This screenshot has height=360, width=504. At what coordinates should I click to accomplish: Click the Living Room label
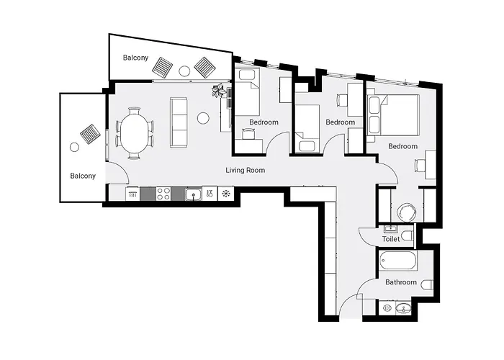pyautogui.click(x=246, y=171)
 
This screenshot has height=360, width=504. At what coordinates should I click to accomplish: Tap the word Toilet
pyautogui.click(x=391, y=239)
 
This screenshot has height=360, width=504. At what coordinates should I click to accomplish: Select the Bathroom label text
pyautogui.click(x=400, y=282)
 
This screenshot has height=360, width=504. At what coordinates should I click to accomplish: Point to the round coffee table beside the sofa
pyautogui.click(x=203, y=117)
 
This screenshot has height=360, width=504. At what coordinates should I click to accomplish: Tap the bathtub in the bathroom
pyautogui.click(x=398, y=261)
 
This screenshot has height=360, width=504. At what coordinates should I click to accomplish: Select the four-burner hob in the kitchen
pyautogui.click(x=163, y=193)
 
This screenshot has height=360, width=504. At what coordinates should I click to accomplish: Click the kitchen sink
pyautogui.click(x=193, y=193)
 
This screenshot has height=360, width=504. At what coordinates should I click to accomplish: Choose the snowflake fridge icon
pyautogui.click(x=226, y=193)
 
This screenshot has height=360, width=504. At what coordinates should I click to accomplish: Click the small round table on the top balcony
pyautogui.click(x=184, y=71)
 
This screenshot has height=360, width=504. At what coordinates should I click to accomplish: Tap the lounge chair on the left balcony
pyautogui.click(x=91, y=133)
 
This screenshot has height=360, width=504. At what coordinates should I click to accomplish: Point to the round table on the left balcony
pyautogui.click(x=74, y=147)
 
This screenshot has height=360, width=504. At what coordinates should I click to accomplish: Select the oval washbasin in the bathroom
pyautogui.click(x=404, y=309)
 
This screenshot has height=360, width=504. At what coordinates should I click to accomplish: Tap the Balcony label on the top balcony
pyautogui.click(x=135, y=57)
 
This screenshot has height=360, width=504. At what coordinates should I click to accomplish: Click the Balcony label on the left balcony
pyautogui.click(x=83, y=176)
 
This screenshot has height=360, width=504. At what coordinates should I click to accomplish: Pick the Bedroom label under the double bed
pyautogui.click(x=402, y=146)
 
